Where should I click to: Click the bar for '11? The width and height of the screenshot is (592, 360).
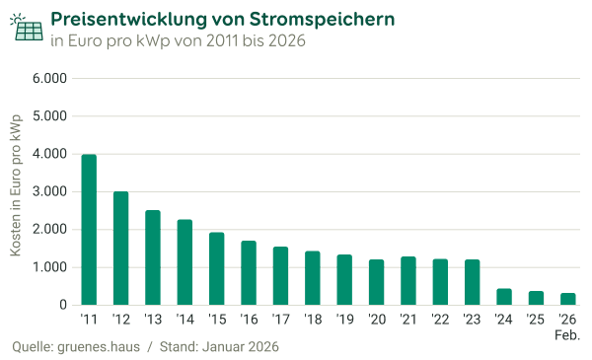point(89,230)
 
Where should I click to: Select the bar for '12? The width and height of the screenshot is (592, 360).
point(120,249)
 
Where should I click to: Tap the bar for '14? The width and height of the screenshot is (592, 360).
point(185,262)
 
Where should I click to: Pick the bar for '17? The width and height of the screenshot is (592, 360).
point(280,276)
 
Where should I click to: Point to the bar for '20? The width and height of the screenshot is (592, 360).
point(376,283)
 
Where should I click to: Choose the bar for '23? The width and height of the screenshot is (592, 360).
point(472,283)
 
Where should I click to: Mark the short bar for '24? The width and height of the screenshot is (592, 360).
point(504,296)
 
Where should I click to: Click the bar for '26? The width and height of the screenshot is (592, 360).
point(568,299)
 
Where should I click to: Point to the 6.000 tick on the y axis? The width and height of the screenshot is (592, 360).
point(49,78)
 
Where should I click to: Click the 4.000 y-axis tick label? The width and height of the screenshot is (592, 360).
point(49,154)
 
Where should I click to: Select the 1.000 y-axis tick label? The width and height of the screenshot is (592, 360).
point(49,267)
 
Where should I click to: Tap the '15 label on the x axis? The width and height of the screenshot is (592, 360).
point(216,321)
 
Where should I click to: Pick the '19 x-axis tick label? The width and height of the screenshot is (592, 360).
point(344,321)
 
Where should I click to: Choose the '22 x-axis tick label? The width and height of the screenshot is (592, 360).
point(440,321)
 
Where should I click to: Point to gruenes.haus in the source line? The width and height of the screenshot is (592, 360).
point(98,348)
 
